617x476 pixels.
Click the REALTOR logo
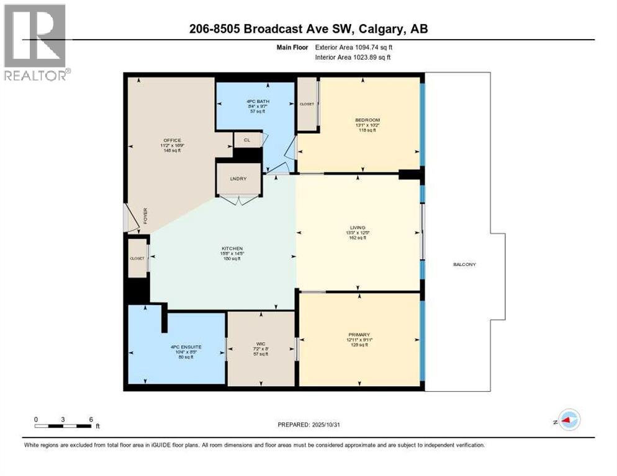pyautogui.click(x=35, y=42)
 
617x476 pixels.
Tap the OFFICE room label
pyautogui.click(x=173, y=140)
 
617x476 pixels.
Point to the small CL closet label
pyautogui.click(x=246, y=140)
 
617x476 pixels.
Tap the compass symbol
pyautogui.click(x=569, y=420)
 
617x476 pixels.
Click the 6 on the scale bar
pyautogui.click(x=91, y=419)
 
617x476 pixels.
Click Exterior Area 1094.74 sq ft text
pyautogui.click(x=353, y=46)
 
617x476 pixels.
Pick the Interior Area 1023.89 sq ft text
pyautogui.click(x=353, y=58)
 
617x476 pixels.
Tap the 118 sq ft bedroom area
pyautogui.click(x=367, y=131)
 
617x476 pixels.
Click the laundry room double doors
pyautogui.click(x=240, y=200)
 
